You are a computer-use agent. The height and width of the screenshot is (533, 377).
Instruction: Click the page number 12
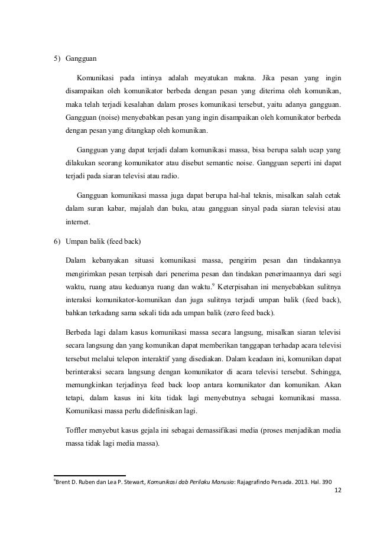point(337,490)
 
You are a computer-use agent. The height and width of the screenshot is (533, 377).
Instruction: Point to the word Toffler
point(79,426)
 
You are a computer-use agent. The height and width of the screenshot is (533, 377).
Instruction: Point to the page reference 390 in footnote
point(324,481)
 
